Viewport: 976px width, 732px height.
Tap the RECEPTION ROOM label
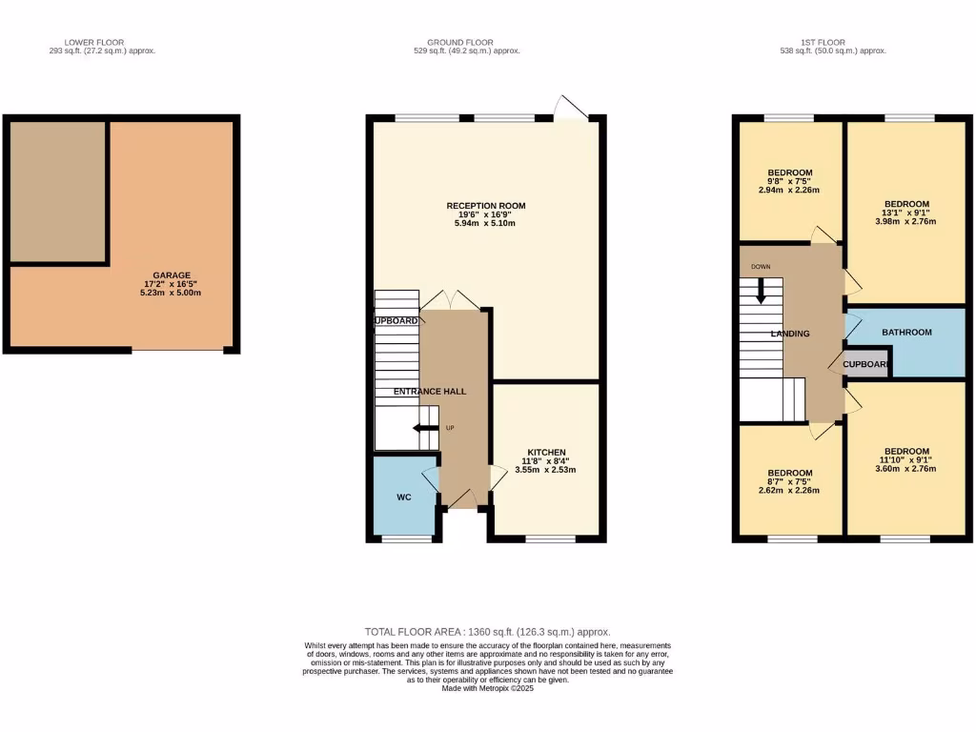click(x=486, y=206)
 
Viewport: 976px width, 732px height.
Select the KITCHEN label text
click(x=547, y=452)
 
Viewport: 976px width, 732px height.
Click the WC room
click(x=404, y=498)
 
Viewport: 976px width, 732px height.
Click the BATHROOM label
click(x=905, y=333)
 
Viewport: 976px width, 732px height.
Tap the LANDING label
click(x=790, y=334)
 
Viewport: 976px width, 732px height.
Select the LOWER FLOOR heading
click(x=91, y=42)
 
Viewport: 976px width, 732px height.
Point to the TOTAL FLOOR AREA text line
click(x=487, y=632)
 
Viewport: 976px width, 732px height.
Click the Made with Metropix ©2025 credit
click(x=487, y=688)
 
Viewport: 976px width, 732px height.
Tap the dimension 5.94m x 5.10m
click(x=486, y=224)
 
